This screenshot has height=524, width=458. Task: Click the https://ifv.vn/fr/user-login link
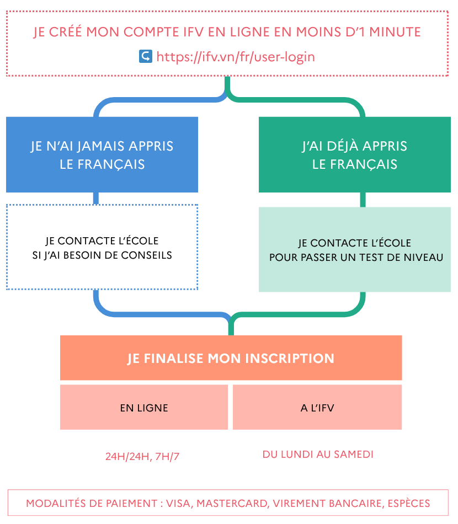click(x=236, y=56)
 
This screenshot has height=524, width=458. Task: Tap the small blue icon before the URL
click(x=145, y=56)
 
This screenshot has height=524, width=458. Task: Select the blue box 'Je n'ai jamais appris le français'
click(x=102, y=154)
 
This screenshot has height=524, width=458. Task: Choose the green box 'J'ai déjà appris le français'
click(x=355, y=154)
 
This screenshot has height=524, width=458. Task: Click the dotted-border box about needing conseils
click(x=102, y=248)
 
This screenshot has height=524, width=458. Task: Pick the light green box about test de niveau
click(x=355, y=249)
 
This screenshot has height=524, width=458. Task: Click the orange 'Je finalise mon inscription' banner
click(x=231, y=358)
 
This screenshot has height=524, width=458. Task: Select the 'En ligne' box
click(x=144, y=408)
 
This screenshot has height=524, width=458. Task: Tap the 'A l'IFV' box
click(x=317, y=408)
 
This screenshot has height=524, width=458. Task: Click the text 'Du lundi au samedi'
click(x=318, y=455)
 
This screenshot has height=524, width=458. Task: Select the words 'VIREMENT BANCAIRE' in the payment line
click(x=323, y=504)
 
